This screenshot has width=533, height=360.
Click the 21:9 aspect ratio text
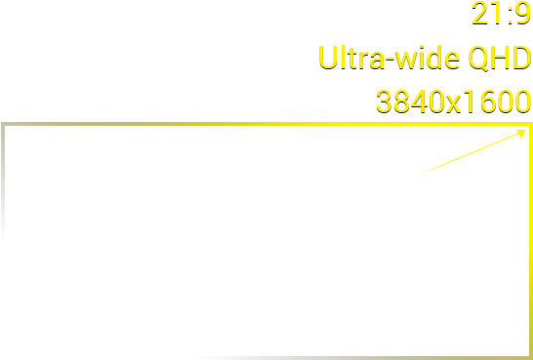500,14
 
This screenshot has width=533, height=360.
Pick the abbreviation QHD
499,58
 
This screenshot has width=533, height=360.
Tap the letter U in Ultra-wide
327,58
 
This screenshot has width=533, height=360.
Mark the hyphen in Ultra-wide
393,61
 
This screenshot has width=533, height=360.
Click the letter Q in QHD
478,58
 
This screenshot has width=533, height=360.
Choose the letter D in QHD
519,58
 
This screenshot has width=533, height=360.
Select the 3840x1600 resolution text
453,101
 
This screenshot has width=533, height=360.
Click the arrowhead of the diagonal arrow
525,132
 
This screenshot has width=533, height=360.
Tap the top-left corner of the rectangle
4,125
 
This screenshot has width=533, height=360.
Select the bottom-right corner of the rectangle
529,357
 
